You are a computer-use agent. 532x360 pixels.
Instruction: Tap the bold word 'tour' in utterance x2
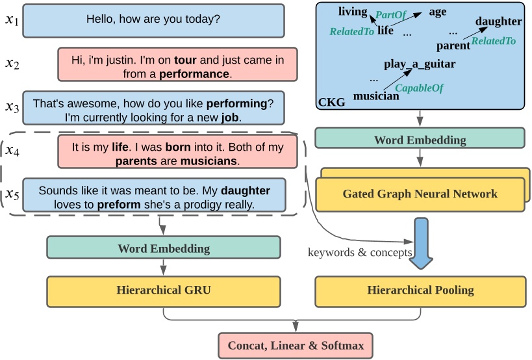tap(185, 60)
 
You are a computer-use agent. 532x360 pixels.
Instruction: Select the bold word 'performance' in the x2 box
tap(194, 74)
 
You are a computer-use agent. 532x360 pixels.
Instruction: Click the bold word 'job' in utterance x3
tap(230, 118)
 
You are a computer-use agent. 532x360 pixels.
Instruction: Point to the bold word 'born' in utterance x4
tap(178, 147)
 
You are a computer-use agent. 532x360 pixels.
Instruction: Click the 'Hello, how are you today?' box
tap(153, 20)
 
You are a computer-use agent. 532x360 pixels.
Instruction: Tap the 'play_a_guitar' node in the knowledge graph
tap(419, 64)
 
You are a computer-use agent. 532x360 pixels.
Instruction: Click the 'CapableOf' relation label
tap(419, 88)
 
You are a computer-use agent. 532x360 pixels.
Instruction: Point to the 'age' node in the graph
tap(437, 11)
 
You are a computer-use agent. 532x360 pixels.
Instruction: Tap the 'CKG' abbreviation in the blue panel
tap(329, 102)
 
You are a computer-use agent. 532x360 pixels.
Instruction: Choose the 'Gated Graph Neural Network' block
tap(420, 194)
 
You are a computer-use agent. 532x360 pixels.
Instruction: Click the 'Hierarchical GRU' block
tap(163, 290)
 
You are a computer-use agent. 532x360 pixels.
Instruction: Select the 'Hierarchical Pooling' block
tap(420, 290)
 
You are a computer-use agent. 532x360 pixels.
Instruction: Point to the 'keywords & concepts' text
tap(359, 252)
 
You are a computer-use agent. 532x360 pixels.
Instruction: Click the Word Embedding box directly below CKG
tap(420, 139)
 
